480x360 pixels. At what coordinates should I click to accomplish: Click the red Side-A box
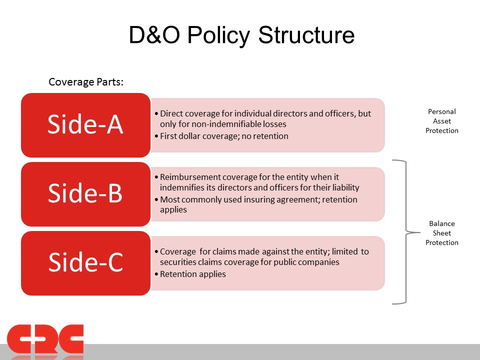tap(85, 125)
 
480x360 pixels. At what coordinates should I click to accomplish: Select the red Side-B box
tap(85, 194)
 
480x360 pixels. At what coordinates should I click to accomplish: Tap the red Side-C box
tap(85, 263)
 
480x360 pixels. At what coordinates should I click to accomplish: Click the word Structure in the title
tap(306, 35)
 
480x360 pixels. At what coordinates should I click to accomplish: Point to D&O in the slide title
tap(154, 35)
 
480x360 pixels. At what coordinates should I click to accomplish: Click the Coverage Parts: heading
tap(86, 82)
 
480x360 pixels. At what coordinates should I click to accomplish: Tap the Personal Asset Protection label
tap(441, 121)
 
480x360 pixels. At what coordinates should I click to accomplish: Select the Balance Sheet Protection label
tap(441, 233)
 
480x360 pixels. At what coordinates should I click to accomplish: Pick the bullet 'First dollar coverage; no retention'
tap(221, 136)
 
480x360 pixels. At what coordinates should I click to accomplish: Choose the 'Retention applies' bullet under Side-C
tap(190, 274)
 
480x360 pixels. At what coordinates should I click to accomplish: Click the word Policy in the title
tap(218, 35)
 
